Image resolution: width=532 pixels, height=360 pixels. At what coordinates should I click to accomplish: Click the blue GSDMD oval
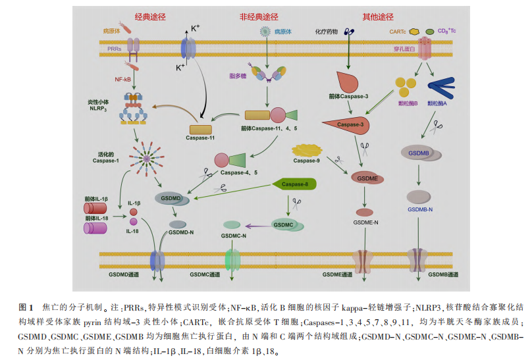point(171,197)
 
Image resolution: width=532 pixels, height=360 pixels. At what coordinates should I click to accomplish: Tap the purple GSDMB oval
point(419,153)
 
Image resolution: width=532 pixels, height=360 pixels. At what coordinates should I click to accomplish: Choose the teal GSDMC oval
point(283,225)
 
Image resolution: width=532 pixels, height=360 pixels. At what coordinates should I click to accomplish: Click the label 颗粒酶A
point(436,103)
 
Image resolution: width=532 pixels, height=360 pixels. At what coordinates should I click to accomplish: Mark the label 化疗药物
point(327,31)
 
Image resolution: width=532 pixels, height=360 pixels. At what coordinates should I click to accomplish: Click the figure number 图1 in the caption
point(26,307)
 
